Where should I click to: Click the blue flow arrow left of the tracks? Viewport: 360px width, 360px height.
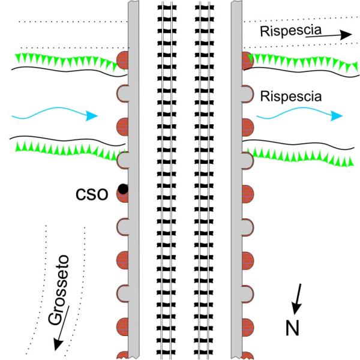54,115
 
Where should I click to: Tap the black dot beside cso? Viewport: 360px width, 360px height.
122,190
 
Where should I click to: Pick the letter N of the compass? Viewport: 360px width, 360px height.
291,328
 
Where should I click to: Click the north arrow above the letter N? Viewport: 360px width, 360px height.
297,301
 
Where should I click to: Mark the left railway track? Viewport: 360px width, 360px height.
165,180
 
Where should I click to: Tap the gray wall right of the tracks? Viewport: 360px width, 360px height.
236,180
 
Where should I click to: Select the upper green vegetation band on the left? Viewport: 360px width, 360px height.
66,60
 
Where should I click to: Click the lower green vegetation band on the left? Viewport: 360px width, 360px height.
66,151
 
